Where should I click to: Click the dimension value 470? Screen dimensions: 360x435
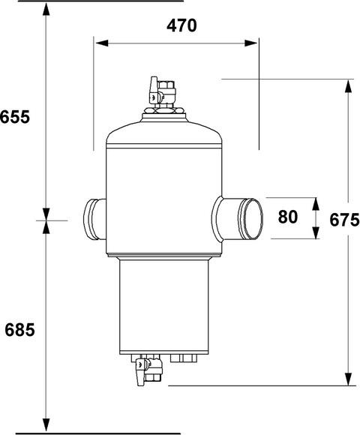click(x=181, y=25)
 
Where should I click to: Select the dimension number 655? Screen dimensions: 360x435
click(x=15, y=117)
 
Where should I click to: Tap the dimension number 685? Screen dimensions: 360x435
click(x=19, y=330)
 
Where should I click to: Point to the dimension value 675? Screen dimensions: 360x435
click(x=344, y=220)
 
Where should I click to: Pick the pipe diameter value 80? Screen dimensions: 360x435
click(x=287, y=217)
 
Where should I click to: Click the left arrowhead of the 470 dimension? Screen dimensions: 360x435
click(x=101, y=43)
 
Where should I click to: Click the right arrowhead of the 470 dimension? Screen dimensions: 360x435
click(x=250, y=43)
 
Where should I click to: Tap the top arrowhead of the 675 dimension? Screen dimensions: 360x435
click(x=348, y=86)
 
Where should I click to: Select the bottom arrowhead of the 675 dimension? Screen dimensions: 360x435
click(x=348, y=379)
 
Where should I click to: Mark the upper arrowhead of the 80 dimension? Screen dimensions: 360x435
click(x=316, y=204)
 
